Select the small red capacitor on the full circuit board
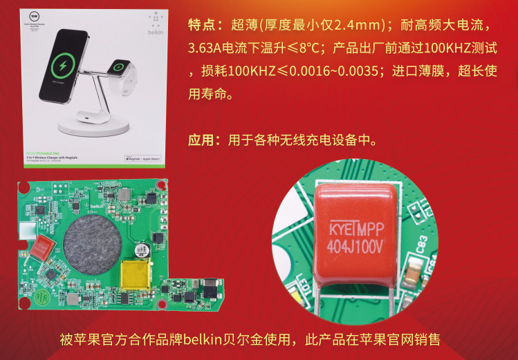coord(42,246)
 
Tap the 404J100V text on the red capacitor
coord(354,247)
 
